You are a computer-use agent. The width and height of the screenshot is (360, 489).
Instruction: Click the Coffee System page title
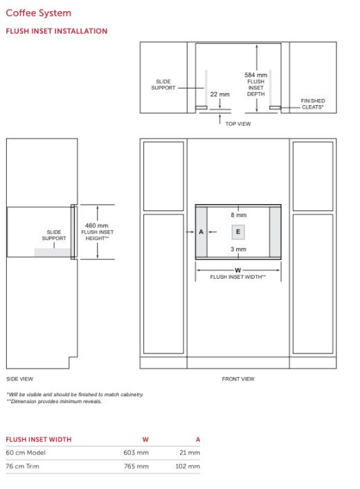click(38, 13)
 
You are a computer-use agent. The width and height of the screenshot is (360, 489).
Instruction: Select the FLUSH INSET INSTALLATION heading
click(57, 31)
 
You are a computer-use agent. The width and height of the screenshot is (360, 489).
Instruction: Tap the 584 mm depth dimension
click(255, 75)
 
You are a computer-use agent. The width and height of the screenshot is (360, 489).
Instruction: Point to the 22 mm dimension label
click(220, 94)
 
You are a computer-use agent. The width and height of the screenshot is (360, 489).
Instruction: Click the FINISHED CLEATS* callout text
click(313, 104)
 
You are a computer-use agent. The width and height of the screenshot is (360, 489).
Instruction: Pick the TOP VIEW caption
click(238, 124)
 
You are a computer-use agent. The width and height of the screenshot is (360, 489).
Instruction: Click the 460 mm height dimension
click(96, 225)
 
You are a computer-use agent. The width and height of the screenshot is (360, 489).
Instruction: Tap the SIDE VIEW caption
click(19, 379)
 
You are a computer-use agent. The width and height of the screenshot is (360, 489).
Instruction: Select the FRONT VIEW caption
click(238, 379)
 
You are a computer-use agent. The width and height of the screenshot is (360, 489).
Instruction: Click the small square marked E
click(238, 232)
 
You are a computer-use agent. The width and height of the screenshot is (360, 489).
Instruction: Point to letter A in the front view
click(201, 232)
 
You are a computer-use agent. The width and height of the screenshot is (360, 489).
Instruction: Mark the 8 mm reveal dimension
click(239, 215)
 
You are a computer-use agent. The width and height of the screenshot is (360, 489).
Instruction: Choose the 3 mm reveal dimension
click(239, 249)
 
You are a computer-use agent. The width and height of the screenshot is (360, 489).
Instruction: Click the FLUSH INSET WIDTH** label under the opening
click(238, 277)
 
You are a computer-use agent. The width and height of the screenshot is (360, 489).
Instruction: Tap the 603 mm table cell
click(136, 452)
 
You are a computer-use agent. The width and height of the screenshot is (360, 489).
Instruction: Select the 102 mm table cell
click(188, 466)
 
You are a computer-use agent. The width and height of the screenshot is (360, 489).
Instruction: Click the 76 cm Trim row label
click(22, 466)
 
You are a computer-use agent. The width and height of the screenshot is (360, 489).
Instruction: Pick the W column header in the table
click(145, 439)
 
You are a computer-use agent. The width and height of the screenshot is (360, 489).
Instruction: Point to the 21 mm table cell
click(190, 452)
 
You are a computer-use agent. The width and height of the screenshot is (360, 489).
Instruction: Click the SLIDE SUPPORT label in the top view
click(163, 85)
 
